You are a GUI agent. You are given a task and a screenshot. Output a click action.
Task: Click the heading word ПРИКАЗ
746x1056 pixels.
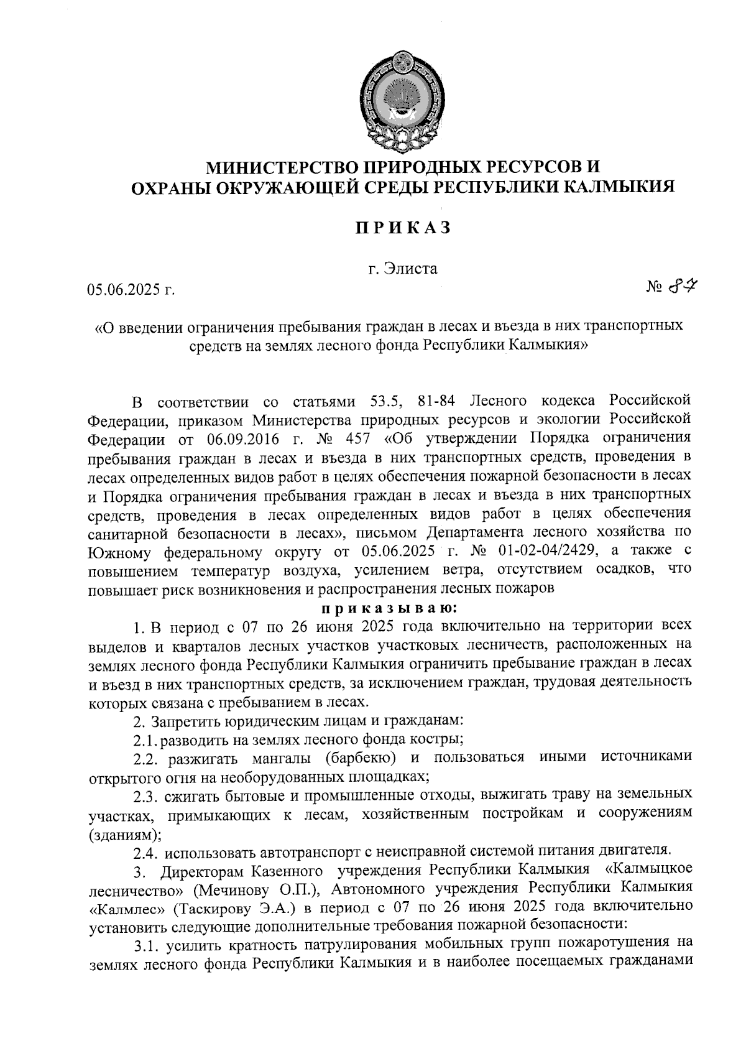click(402, 228)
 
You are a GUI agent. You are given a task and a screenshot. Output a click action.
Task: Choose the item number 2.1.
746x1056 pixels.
click(144, 740)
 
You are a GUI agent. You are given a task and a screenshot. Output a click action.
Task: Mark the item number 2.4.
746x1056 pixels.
click(145, 850)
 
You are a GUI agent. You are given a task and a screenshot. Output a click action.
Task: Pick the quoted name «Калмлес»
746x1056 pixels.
click(127, 907)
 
